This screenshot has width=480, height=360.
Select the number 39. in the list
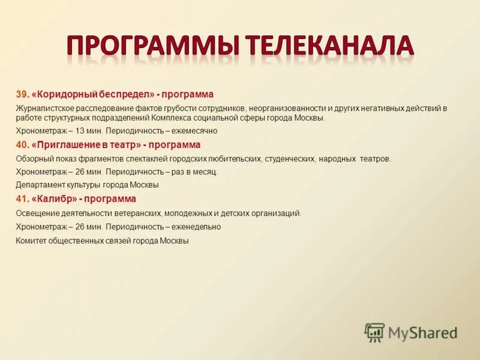pos(23,95)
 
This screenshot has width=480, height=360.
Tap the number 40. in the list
pos(23,145)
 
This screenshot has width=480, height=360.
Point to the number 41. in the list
pos(22,199)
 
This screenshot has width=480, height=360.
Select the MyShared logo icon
pos(374,332)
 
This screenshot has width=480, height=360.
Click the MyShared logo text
pos(422,332)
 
